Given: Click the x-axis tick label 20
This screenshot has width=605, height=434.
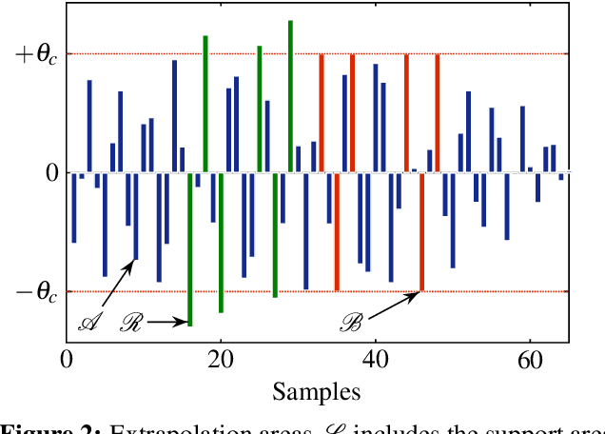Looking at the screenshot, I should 221,361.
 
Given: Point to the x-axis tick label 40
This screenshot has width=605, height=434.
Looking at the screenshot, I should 376,361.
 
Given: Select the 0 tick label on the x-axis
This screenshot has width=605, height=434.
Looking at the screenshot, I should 67,361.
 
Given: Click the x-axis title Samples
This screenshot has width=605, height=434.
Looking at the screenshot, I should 316,391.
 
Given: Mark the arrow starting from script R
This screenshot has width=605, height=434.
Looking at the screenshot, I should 167,324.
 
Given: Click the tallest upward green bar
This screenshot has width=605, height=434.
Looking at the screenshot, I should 290,95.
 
